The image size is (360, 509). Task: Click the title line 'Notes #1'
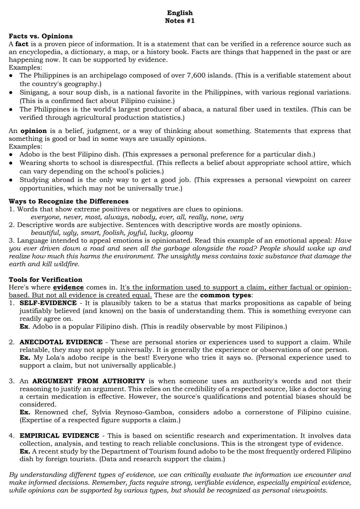pyautogui.click(x=180, y=21)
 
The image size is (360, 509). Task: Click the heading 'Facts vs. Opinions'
pyautogui.click(x=41, y=36)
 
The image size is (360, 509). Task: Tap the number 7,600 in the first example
pyautogui.click(x=196, y=75)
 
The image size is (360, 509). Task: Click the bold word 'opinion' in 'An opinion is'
pyautogui.click(x=34, y=131)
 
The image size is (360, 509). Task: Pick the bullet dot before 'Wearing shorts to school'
pyautogui.click(x=11, y=163)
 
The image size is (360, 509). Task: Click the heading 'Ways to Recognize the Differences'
pyautogui.click(x=68, y=201)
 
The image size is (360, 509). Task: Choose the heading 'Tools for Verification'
pyautogui.click(x=45, y=280)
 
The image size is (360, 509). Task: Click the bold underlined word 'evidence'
pyautogui.click(x=68, y=287)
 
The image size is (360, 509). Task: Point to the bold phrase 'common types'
pyautogui.click(x=225, y=295)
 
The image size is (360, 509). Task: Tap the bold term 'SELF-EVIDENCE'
pyautogui.click(x=48, y=303)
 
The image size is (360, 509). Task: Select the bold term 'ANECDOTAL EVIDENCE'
pyautogui.click(x=61, y=342)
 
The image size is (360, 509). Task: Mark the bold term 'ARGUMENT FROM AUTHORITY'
pyautogui.click(x=88, y=381)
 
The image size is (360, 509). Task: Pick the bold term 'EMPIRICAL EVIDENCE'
pyautogui.click(x=59, y=436)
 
